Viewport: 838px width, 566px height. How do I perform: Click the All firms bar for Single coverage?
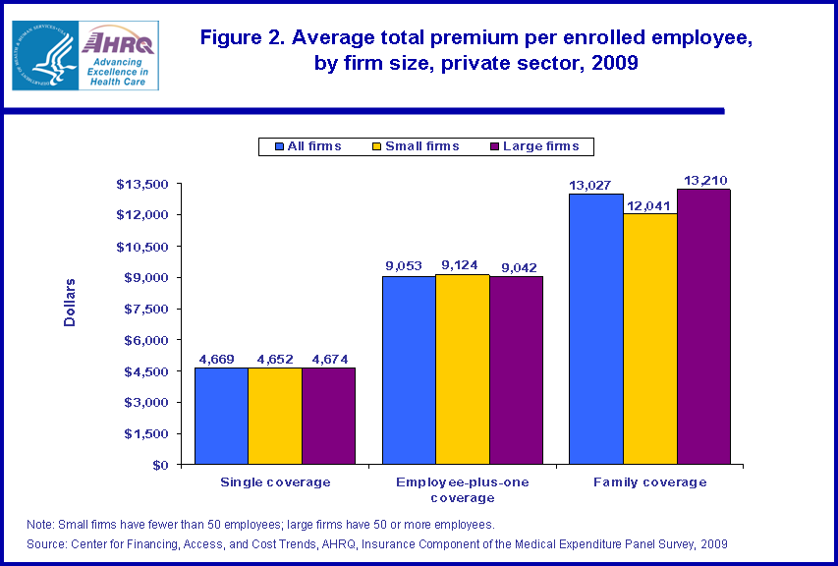pos(221,416)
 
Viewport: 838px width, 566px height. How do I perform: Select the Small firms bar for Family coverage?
pos(649,338)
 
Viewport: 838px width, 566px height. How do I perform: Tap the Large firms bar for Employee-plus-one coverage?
pos(516,369)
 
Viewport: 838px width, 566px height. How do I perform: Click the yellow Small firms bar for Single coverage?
pos(275,416)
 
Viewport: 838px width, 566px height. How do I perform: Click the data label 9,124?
pos(462,265)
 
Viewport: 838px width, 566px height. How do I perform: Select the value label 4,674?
pos(328,359)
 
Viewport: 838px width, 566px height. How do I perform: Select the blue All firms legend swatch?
pos(280,146)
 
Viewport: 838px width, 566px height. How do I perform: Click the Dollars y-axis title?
pos(70,303)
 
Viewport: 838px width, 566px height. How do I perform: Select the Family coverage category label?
pos(649,482)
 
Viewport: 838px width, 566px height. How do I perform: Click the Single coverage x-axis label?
pos(275,482)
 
